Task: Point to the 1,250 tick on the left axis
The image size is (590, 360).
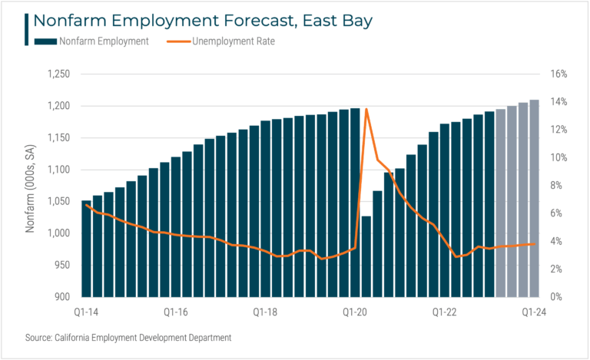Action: point(58,74)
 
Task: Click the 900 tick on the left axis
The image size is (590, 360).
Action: point(62,297)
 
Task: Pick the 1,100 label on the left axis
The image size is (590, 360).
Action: point(58,170)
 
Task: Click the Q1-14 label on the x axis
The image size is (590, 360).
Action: point(85,312)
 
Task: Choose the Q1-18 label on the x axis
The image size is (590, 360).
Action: point(264,312)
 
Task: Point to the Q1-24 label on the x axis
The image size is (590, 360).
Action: point(535,312)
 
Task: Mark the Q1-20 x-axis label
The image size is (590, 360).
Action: point(355,312)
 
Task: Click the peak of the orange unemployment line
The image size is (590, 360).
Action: point(366,109)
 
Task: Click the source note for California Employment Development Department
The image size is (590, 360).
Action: point(128,338)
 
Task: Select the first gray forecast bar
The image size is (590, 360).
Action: point(501,203)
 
